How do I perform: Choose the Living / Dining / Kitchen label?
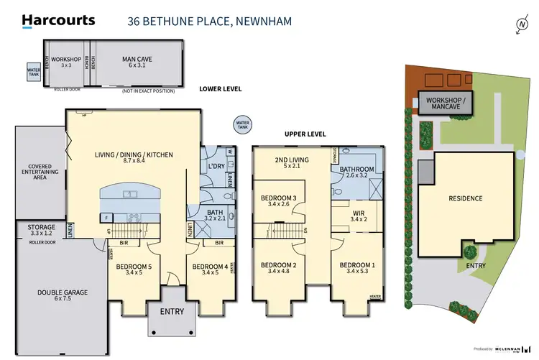pos(134,159)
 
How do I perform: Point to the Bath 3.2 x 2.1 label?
pos(208,216)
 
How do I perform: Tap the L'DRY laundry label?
pos(216,167)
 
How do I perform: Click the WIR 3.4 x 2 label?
pos(359,216)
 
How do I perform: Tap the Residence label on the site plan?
pos(465,198)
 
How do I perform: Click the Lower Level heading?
pos(220,88)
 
